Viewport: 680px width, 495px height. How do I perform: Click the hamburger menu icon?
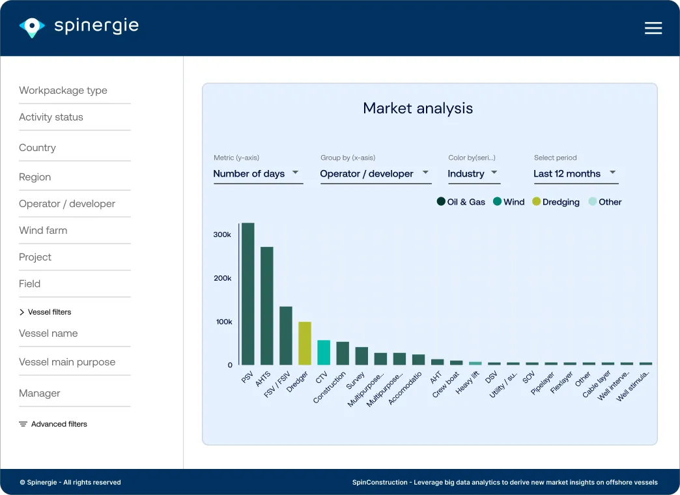[653, 28]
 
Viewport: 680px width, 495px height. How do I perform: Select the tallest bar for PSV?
[248, 294]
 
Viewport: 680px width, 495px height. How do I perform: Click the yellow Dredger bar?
[305, 343]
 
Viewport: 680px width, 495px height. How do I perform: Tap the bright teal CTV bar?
[324, 352]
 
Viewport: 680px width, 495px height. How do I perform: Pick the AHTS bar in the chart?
[266, 306]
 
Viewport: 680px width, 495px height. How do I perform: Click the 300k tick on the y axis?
[222, 234]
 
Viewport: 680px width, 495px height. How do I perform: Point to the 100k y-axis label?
[224, 322]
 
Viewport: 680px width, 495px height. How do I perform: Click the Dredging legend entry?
[556, 202]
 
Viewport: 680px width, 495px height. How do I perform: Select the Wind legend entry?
[509, 202]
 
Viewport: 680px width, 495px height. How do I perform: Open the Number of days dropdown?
[258, 173]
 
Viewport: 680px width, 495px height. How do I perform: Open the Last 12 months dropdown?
[576, 173]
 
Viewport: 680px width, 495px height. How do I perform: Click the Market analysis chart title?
[418, 108]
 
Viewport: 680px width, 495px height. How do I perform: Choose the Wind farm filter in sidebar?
[43, 231]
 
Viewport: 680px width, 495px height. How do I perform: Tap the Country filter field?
[37, 147]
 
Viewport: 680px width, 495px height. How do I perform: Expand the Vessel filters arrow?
[21, 312]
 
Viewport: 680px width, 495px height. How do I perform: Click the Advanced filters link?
[53, 424]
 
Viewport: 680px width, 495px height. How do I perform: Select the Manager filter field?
[40, 393]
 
